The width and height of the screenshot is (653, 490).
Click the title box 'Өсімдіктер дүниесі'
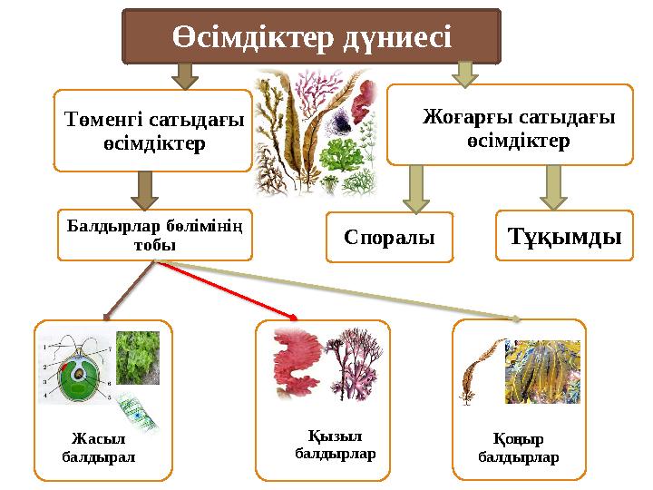pos(311,37)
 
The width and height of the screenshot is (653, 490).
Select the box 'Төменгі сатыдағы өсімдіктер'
pos(153,131)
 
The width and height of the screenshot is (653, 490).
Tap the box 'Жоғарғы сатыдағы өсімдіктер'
pos(510,126)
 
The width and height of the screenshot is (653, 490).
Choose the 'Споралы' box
pos(389,238)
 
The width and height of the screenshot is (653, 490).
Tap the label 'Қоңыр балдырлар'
pos(518,449)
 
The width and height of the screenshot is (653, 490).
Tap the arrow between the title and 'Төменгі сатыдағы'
pos(186,75)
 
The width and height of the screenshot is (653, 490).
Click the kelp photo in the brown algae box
pos(543,372)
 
